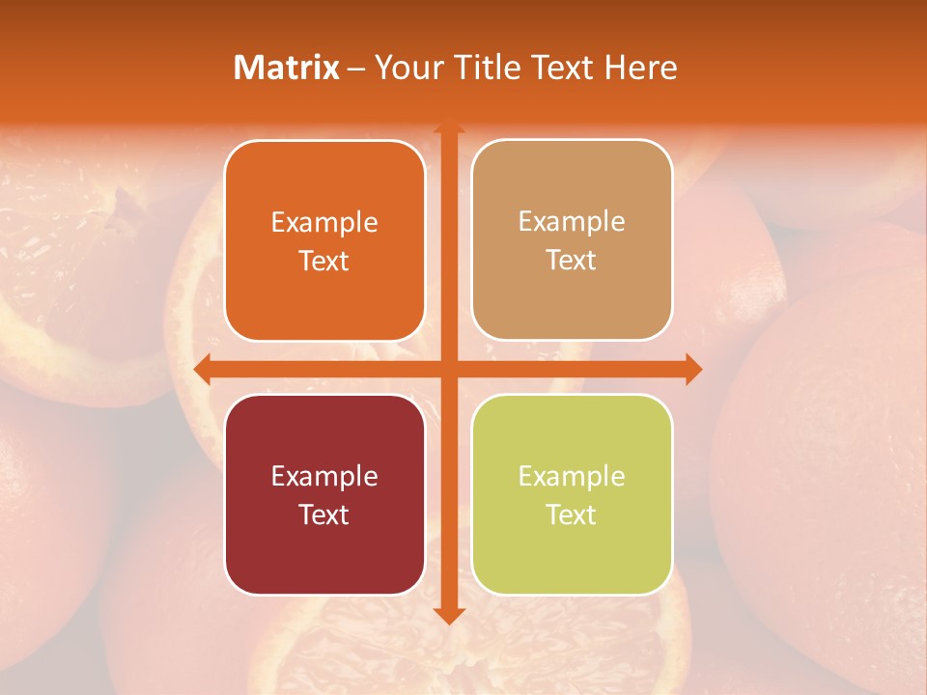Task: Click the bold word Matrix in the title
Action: [287, 68]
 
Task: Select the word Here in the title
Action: [640, 68]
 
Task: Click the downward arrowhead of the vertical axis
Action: [449, 615]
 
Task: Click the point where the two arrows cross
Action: [449, 369]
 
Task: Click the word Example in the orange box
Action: [324, 223]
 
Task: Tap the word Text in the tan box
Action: [572, 260]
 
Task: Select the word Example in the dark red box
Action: [324, 476]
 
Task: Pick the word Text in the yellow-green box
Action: [572, 514]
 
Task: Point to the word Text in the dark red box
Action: [324, 514]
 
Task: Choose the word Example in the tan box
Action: [572, 222]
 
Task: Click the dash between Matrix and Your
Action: [356, 69]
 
